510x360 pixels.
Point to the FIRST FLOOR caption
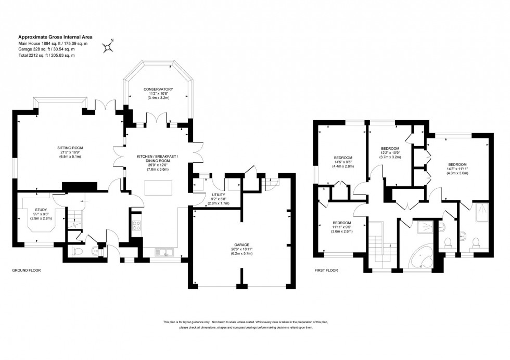pyautogui.click(x=327, y=271)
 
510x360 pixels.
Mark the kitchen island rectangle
pyautogui.click(x=158, y=186)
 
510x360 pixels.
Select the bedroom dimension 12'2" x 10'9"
pyautogui.click(x=390, y=152)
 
